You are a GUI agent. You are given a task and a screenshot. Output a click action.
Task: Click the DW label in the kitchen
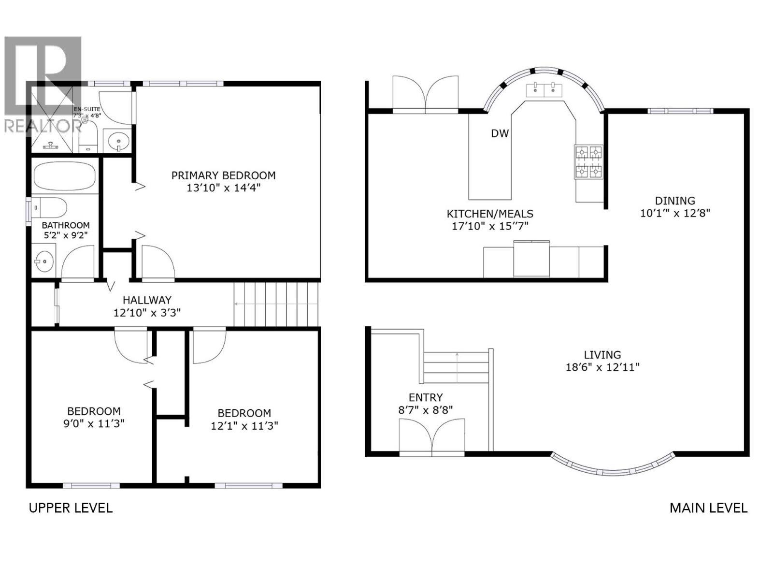500,133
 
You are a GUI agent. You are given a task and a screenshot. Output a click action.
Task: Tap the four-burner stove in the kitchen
588,162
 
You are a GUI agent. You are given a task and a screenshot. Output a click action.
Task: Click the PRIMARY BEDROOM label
223,175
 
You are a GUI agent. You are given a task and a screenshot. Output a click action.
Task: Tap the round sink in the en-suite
118,142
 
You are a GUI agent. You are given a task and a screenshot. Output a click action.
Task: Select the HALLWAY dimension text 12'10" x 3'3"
147,313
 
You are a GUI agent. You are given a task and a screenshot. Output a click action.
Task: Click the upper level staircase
277,304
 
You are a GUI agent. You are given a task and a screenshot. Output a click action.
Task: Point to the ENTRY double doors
432,437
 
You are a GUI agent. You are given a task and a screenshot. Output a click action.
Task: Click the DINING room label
675,201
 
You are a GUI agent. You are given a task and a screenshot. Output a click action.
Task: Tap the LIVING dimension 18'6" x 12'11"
602,367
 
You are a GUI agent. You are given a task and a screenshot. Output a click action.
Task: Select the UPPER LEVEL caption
71,508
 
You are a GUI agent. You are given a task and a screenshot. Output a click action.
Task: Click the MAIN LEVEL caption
708,508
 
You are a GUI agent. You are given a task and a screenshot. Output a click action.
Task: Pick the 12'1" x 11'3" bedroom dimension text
244,426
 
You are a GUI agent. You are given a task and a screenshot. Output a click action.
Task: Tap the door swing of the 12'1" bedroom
209,346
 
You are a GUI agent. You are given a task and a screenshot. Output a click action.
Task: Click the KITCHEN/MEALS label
490,214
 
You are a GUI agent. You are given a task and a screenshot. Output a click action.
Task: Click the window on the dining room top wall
680,111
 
